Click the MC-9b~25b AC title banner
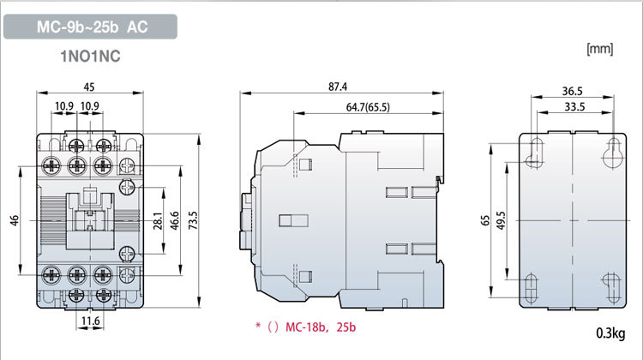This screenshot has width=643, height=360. (x=91, y=27)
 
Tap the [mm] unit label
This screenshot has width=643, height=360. (x=598, y=50)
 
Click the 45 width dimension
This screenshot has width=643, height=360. (x=89, y=87)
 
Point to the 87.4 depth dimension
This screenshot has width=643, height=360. (x=350, y=87)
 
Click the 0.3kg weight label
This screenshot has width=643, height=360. (x=611, y=333)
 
